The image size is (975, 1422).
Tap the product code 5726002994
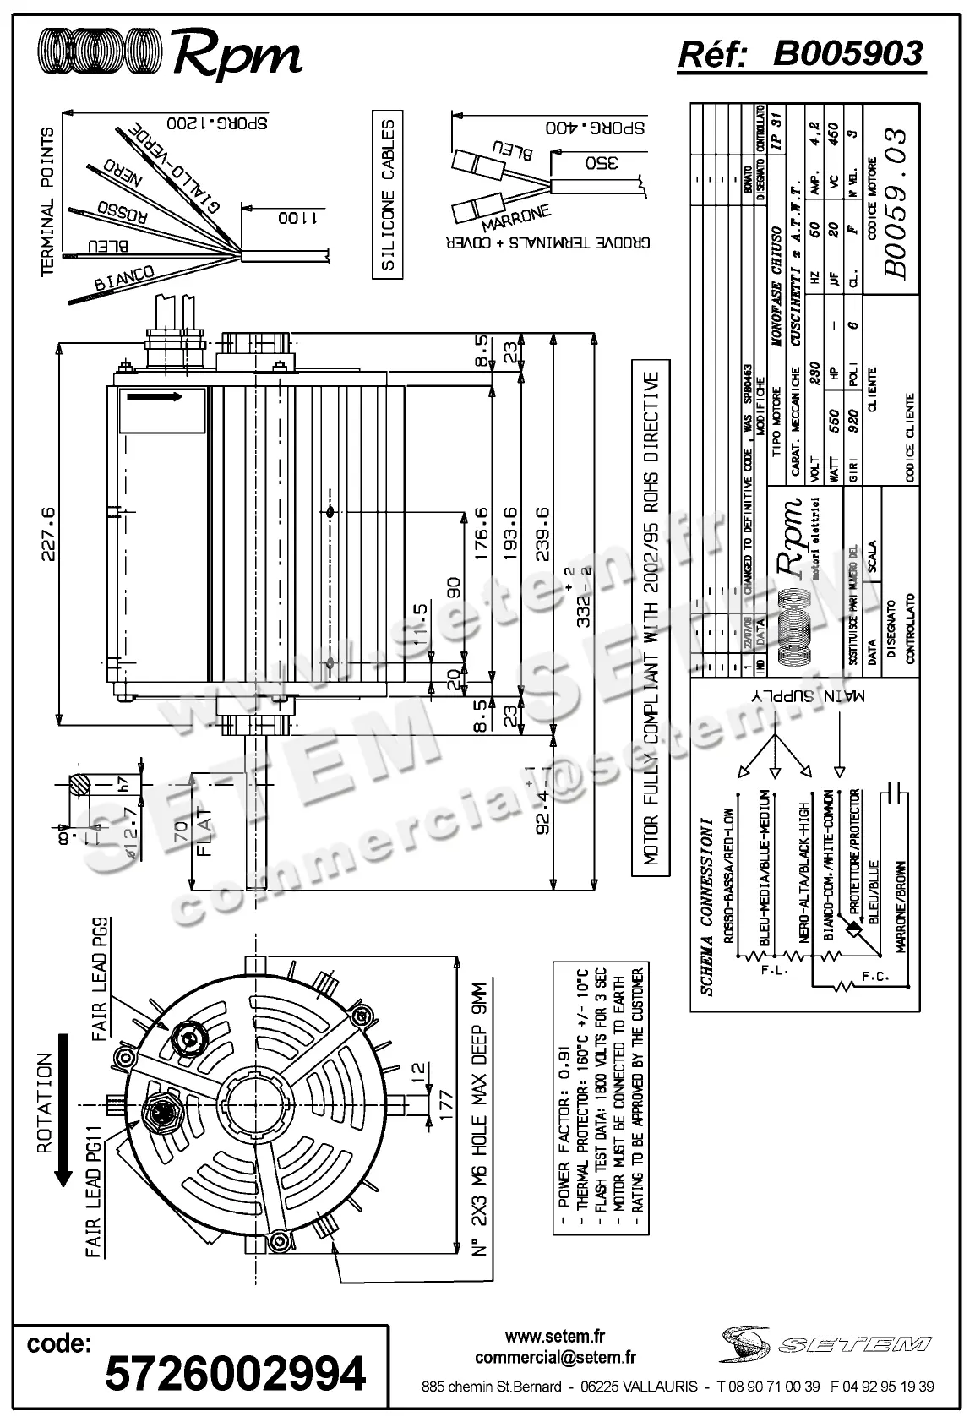235,1374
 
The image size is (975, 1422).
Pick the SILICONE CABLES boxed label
388,194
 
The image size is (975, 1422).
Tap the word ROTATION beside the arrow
44,1102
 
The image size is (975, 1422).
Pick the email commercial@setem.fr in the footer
555,1358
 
